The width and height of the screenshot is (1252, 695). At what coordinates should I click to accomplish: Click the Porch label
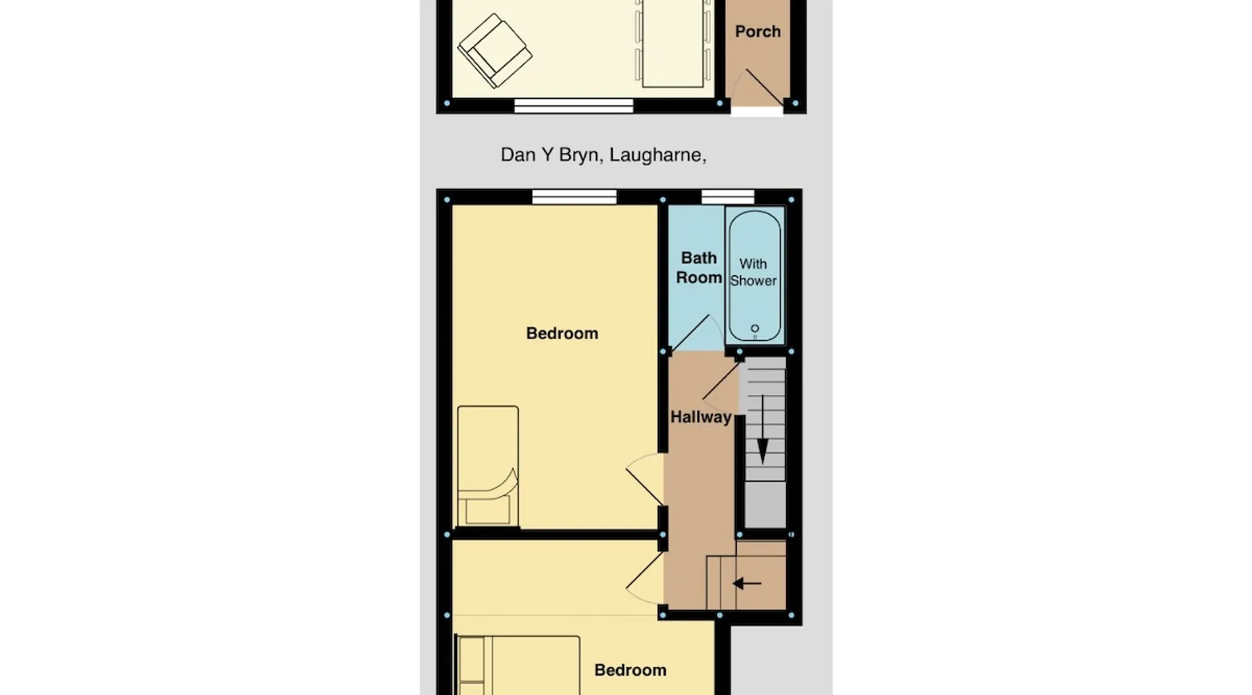pyautogui.click(x=757, y=31)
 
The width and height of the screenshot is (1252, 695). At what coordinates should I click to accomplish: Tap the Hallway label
pyautogui.click(x=701, y=417)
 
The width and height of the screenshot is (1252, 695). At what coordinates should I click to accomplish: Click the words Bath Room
pyautogui.click(x=699, y=268)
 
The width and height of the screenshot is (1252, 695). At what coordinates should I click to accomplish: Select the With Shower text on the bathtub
pyautogui.click(x=753, y=272)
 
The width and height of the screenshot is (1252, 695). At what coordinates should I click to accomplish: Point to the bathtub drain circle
pyautogui.click(x=755, y=329)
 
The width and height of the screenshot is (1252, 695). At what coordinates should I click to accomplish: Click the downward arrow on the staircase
pyautogui.click(x=762, y=429)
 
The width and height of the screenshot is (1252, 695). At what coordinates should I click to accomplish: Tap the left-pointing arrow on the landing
pyautogui.click(x=747, y=583)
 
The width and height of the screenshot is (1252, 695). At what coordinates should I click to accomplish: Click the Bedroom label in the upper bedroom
pyautogui.click(x=562, y=334)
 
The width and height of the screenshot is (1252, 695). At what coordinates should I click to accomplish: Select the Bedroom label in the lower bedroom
pyautogui.click(x=630, y=670)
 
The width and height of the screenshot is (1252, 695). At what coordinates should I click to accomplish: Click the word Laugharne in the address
pyautogui.click(x=658, y=155)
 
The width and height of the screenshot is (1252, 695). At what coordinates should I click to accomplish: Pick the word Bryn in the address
pyautogui.click(x=579, y=155)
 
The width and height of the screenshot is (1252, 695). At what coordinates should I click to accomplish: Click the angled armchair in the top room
pyautogui.click(x=495, y=51)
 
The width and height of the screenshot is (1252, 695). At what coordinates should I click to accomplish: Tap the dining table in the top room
pyautogui.click(x=673, y=43)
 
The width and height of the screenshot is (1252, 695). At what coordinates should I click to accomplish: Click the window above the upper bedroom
pyautogui.click(x=575, y=197)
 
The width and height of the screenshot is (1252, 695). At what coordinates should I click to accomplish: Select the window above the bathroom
pyautogui.click(x=728, y=197)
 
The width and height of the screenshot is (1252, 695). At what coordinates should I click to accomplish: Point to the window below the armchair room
pyautogui.click(x=574, y=106)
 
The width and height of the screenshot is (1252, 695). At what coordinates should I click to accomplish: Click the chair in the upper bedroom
pyautogui.click(x=488, y=466)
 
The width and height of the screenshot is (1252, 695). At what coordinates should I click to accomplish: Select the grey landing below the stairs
pyautogui.click(x=765, y=505)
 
